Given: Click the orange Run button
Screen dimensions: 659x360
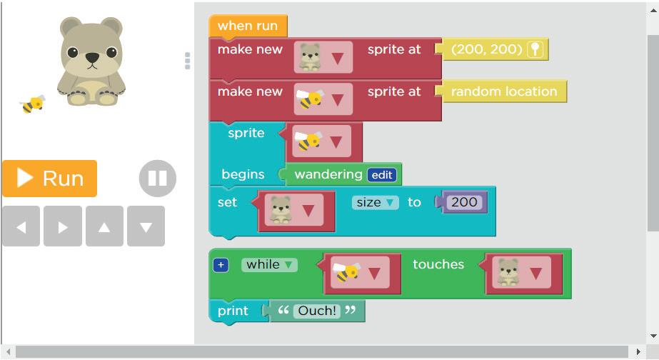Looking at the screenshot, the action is (x=49, y=178).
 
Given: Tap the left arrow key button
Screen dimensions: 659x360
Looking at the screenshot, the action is (x=21, y=226).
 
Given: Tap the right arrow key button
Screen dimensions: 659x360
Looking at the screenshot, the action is (x=63, y=226).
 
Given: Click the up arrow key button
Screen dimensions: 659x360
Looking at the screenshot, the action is (x=104, y=226).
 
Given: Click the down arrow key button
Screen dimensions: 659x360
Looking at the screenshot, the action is (x=146, y=226).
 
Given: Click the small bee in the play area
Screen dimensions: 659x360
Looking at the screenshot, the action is (x=33, y=105).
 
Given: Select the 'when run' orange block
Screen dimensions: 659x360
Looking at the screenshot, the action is (x=248, y=26).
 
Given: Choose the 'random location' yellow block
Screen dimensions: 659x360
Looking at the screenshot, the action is (x=503, y=91).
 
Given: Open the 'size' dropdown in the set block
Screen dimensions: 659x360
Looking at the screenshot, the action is (x=375, y=202).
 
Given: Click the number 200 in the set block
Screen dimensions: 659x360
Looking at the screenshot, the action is (x=464, y=202).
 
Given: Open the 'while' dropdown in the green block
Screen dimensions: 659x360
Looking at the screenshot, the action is (x=269, y=264).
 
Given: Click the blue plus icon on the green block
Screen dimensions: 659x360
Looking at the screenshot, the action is (x=221, y=265).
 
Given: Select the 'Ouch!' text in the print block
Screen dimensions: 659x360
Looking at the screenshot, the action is (x=317, y=311).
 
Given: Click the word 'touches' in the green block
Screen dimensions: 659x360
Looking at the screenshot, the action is (x=438, y=264).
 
